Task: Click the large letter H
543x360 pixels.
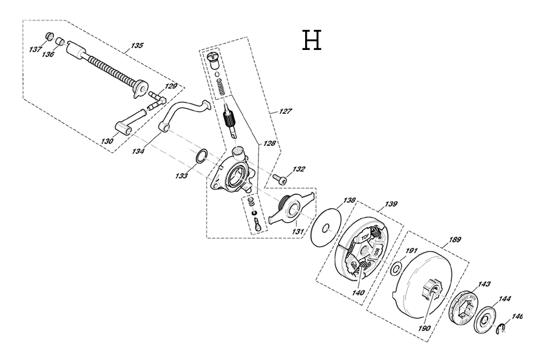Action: [312, 40]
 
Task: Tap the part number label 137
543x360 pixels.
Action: [35, 49]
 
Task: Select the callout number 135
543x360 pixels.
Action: [137, 46]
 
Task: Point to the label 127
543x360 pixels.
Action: [286, 111]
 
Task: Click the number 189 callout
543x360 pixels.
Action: [454, 239]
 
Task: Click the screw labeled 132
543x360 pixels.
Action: [279, 179]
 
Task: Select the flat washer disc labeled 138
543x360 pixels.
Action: [326, 228]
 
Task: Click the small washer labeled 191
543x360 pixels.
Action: [396, 269]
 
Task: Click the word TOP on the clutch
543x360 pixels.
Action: [365, 237]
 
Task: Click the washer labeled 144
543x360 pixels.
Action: [485, 318]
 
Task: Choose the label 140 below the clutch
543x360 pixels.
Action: [358, 293]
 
